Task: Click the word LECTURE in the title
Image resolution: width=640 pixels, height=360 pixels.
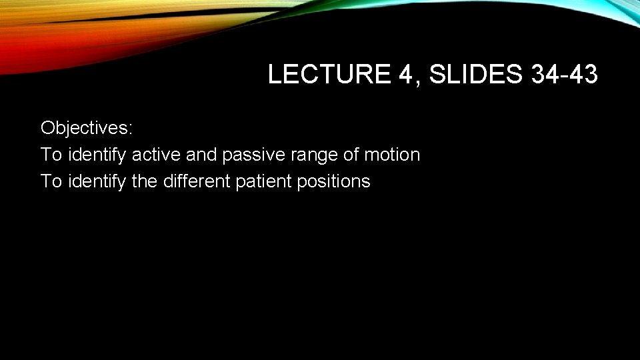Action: tap(329, 75)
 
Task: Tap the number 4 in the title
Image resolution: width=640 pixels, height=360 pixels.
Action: tap(407, 75)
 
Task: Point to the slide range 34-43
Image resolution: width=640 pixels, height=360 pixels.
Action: tap(565, 75)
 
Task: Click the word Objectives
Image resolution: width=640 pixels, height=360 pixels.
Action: tap(85, 127)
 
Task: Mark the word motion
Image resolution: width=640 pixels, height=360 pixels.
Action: tap(392, 155)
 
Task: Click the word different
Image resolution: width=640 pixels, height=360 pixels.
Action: tap(197, 181)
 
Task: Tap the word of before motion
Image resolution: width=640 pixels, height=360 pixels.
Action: tap(351, 155)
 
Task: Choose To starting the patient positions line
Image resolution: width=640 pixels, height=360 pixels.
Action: tap(51, 181)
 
